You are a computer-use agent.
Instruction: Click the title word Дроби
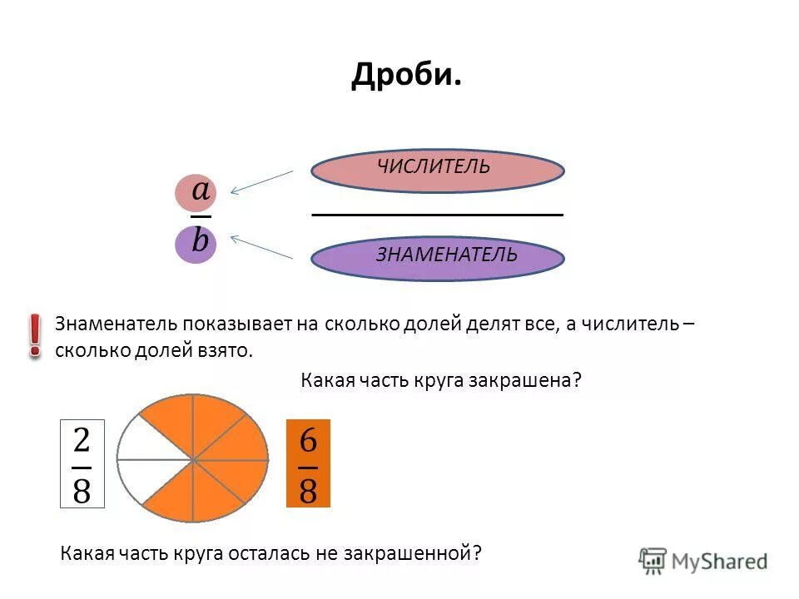pyautogui.click(x=405, y=77)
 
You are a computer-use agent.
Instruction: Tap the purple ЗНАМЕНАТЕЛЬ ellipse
pyautogui.click(x=437, y=256)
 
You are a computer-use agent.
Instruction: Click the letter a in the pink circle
pyautogui.click(x=201, y=191)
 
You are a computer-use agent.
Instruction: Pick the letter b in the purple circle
pyautogui.click(x=200, y=242)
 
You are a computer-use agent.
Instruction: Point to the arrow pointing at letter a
pyautogui.click(x=261, y=182)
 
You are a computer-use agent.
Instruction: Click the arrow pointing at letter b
pyautogui.click(x=261, y=247)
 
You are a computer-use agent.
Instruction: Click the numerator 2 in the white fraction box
pyautogui.click(x=82, y=440)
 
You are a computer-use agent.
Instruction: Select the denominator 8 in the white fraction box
pyautogui.click(x=82, y=489)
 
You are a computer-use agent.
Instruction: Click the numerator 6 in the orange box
pyautogui.click(x=308, y=440)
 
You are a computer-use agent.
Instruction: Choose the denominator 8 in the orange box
pyautogui.click(x=308, y=489)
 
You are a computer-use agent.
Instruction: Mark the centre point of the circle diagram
pyautogui.click(x=193, y=459)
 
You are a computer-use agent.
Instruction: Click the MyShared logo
pyautogui.click(x=702, y=561)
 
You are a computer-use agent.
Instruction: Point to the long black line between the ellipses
pyautogui.click(x=437, y=215)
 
